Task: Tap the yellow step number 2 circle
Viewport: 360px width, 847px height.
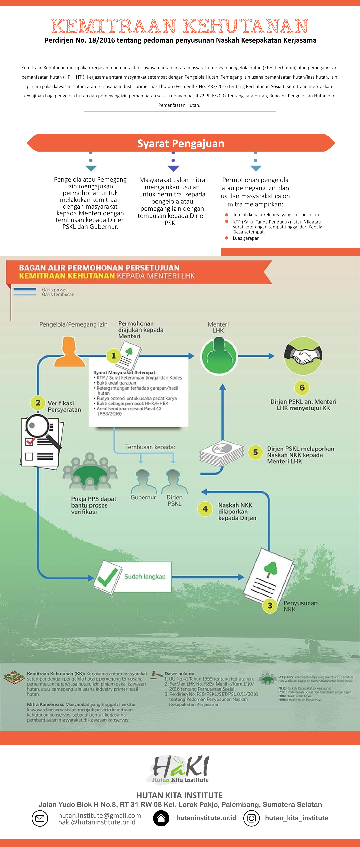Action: pos(38,403)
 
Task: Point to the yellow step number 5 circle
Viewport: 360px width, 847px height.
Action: pos(255,452)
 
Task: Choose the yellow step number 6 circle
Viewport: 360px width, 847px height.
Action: pos(302,388)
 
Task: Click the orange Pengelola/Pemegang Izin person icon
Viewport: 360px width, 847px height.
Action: pos(69,352)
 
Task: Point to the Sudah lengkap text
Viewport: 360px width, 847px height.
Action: pos(145,576)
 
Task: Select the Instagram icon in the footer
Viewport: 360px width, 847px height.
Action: pos(252,818)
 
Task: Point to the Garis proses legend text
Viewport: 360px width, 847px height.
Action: pos(55,289)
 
